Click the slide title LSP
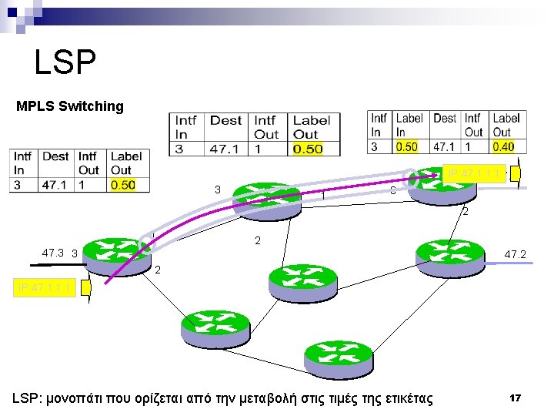(x=65, y=62)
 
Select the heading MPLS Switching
(x=70, y=106)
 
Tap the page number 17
(x=515, y=398)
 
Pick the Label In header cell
(x=409, y=125)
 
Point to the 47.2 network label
(x=515, y=254)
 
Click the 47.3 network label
(x=53, y=252)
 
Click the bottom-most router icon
(x=338, y=358)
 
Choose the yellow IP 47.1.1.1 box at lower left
(x=44, y=288)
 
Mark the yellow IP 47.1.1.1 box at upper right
(x=474, y=174)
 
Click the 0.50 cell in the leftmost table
(x=123, y=185)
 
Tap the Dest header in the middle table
(x=225, y=120)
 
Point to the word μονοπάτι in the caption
(x=88, y=398)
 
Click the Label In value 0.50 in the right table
(x=407, y=146)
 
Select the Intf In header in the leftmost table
(x=23, y=163)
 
